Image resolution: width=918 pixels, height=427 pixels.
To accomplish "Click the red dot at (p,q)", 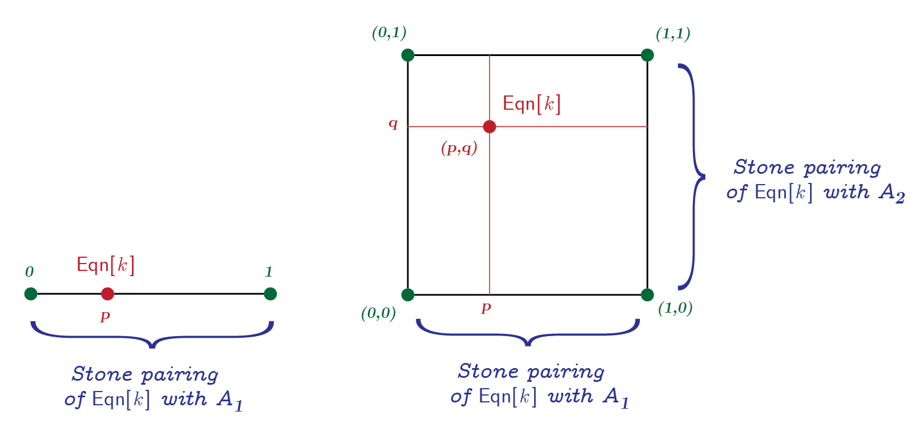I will (490, 126).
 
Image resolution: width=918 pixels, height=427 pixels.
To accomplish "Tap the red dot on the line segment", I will (107, 294).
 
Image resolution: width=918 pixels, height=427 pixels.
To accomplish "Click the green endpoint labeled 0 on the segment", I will (31, 294).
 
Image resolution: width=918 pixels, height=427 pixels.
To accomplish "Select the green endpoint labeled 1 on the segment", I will (270, 294).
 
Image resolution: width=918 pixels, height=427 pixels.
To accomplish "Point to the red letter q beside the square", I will (393, 123).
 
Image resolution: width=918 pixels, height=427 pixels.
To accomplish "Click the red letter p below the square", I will (486, 308).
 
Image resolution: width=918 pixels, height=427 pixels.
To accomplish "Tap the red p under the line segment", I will (105, 316).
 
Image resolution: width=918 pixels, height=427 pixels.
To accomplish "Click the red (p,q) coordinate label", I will (459, 149).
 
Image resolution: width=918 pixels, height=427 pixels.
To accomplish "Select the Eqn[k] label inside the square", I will (531, 103).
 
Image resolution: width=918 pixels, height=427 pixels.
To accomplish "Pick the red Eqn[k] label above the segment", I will (106, 265).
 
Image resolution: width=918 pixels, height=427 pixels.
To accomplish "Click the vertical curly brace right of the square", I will (692, 177).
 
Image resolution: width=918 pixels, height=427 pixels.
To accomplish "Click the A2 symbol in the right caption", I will (892, 193).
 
